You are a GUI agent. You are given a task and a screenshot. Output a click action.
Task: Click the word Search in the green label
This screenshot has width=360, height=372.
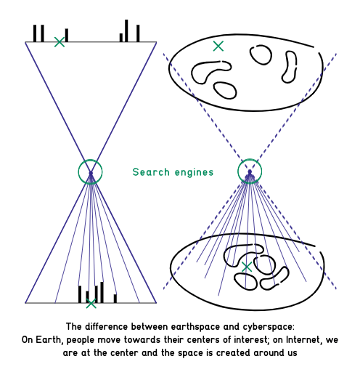pyautogui.click(x=151, y=172)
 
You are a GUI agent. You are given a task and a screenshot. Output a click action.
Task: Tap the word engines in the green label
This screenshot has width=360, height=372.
pyautogui.click(x=194, y=173)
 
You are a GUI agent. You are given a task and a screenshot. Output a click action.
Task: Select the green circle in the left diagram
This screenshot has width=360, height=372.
pyautogui.click(x=90, y=160)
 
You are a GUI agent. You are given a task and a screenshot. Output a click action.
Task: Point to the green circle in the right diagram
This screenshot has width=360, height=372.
pyautogui.click(x=250, y=159)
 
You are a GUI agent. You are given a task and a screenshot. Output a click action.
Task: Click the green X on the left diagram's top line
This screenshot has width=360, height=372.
pyautogui.click(x=60, y=42)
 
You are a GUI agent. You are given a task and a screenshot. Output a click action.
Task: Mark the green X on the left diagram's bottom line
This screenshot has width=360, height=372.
pyautogui.click(x=91, y=304)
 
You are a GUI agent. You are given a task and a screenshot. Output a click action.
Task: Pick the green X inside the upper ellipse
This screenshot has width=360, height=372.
pyautogui.click(x=218, y=46)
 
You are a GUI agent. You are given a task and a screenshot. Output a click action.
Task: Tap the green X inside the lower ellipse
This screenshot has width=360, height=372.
pyautogui.click(x=247, y=267)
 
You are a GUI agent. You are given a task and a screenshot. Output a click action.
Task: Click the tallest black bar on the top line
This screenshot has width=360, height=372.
pyautogui.click(x=126, y=31)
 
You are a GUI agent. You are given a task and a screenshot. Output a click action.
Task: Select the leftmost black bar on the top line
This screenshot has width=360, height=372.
pyautogui.click(x=35, y=33)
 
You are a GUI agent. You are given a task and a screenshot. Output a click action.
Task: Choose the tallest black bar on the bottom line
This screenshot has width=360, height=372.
pyautogui.click(x=102, y=292)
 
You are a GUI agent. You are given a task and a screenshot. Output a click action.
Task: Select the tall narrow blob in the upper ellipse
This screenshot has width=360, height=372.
pyautogui.click(x=295, y=60)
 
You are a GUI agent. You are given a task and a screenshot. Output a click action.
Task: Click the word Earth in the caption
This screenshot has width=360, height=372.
pyautogui.click(x=49, y=339)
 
